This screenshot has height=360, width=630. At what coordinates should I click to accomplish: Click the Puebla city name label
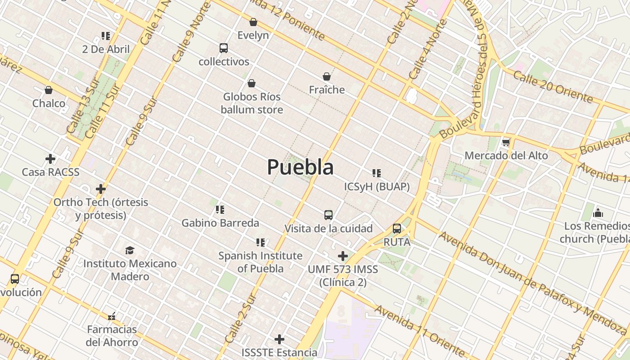300,167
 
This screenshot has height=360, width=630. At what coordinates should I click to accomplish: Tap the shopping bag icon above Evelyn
253,22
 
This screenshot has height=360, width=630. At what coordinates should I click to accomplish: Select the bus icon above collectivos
224,48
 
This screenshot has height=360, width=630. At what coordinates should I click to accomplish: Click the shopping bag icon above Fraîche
327,77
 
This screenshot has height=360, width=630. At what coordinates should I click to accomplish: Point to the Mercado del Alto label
506,156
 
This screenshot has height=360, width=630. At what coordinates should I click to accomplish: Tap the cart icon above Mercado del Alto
506,143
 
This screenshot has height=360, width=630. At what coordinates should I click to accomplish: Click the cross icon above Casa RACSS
50,159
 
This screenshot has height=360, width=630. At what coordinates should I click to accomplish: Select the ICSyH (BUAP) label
377,186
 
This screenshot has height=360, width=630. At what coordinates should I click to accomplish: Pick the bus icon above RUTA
397,229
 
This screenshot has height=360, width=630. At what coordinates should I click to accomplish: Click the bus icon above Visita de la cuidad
328,215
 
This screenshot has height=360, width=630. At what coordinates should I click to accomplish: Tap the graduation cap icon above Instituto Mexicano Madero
130,250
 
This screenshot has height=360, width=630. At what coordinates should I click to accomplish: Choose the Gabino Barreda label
220,223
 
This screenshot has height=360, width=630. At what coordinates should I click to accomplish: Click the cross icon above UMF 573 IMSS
343,256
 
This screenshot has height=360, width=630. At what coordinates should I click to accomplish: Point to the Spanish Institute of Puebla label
260,262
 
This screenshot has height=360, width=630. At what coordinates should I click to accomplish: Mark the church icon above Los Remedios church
598,212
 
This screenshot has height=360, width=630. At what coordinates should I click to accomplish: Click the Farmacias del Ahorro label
112,336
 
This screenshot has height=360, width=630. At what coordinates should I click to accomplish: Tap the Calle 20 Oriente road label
553,86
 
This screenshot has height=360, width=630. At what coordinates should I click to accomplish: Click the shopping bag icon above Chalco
49,90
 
